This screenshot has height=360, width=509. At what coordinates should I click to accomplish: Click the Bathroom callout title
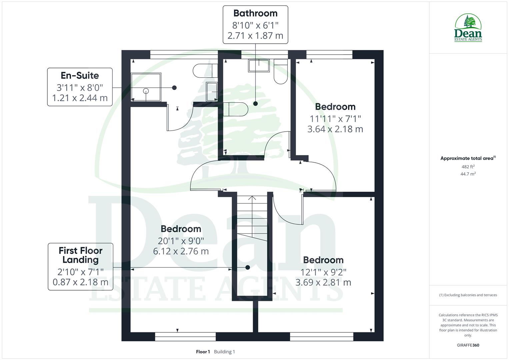coord(255,13)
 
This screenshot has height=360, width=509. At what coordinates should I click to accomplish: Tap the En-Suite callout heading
coord(80,75)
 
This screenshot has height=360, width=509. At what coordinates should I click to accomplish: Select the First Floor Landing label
coord(80,255)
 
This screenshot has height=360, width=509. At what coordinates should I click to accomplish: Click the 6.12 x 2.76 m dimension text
coord(181,251)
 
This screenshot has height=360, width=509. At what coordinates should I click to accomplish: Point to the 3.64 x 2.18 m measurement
coord(335,129)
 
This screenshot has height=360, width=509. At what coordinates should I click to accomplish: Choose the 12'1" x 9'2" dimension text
coord(323,272)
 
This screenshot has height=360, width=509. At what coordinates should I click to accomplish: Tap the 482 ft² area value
coord(468,167)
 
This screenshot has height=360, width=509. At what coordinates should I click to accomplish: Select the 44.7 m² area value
coord(468,174)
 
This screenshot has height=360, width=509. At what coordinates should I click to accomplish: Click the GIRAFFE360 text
coord(468,345)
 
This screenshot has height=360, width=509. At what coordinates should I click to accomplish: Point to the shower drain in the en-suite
coord(146,91)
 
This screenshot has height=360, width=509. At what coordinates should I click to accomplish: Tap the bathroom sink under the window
coord(258,66)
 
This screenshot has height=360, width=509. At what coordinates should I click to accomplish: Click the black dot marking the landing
coord(248,267)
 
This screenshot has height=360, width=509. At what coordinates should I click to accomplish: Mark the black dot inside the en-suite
coord(174,88)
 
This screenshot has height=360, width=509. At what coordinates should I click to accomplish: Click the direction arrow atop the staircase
coord(252,198)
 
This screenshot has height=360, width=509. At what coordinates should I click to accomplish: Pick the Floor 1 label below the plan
coord(203,352)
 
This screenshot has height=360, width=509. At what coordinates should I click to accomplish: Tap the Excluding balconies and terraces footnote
coord(468,295)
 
